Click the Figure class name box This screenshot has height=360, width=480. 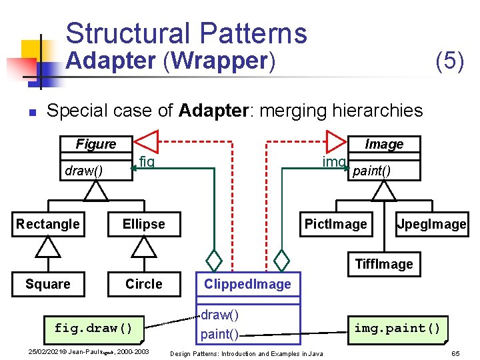[x=95, y=144]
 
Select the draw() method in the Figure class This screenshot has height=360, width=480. [x=84, y=171]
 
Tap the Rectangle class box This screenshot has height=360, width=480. [x=47, y=224]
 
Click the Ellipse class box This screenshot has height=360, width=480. [x=143, y=224]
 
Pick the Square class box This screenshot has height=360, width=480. [x=47, y=284]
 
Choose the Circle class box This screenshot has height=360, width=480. [x=143, y=284]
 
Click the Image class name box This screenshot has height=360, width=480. [x=384, y=144]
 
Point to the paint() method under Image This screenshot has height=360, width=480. [x=372, y=171]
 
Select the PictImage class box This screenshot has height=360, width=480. [x=335, y=224]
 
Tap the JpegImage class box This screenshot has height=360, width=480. [x=431, y=224]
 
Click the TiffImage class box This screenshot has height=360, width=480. [x=384, y=264]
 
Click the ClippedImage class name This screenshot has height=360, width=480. [x=247, y=285]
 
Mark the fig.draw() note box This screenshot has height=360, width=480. [x=93, y=327]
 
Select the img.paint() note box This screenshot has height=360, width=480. [x=397, y=327]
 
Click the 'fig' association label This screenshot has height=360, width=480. [x=147, y=161]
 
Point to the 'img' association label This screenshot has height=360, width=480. [x=333, y=161]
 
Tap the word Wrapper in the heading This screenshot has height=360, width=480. [x=219, y=61]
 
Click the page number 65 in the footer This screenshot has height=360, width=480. [x=456, y=353]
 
